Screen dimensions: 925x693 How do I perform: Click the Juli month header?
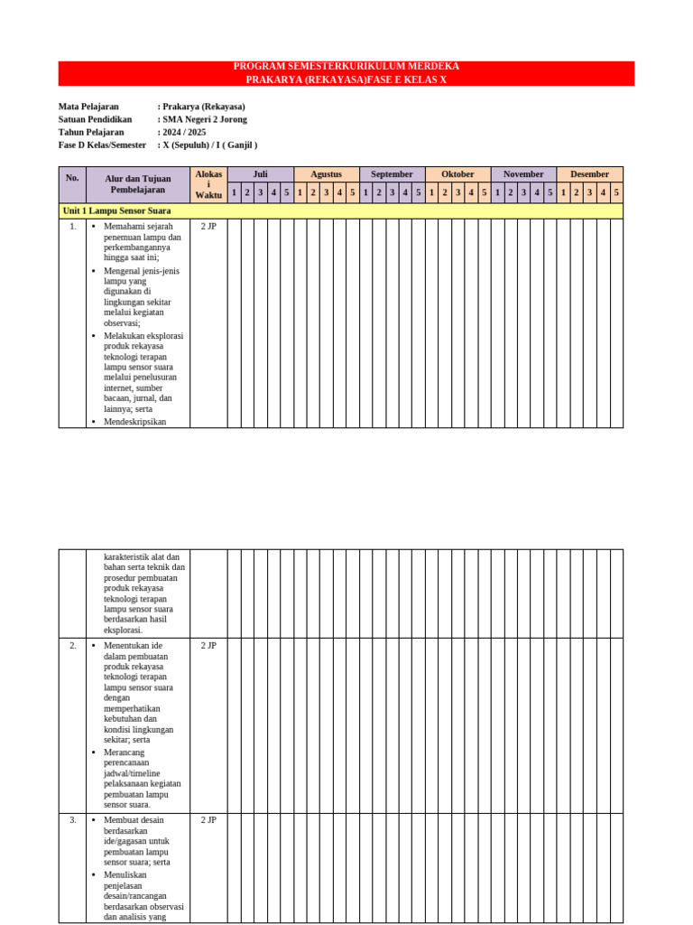(x=260, y=174)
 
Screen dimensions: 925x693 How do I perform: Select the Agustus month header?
(x=326, y=174)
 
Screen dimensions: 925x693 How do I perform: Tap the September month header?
(x=392, y=174)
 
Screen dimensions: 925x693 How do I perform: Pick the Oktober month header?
(x=457, y=174)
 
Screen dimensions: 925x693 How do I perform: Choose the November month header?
(x=523, y=174)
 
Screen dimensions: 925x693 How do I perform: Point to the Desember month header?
(x=589, y=174)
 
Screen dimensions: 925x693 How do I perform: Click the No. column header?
(x=72, y=178)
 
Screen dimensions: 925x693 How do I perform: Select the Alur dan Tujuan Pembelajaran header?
(x=137, y=184)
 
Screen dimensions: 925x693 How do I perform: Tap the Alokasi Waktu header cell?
(x=208, y=184)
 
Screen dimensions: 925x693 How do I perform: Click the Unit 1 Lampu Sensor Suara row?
(x=116, y=210)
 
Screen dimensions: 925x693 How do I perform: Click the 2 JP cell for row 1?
(x=208, y=227)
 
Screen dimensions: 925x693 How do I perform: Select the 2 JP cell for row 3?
(x=208, y=820)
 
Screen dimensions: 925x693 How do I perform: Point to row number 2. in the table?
(x=72, y=646)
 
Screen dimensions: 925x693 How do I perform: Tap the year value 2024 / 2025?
(x=184, y=132)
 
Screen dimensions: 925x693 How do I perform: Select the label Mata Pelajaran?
(x=88, y=107)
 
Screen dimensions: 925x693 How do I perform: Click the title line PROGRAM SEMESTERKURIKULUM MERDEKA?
(x=346, y=67)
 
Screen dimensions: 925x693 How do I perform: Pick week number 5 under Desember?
(x=616, y=192)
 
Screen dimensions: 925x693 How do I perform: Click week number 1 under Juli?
(x=234, y=192)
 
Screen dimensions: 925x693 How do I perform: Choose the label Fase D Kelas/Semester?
(x=102, y=145)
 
